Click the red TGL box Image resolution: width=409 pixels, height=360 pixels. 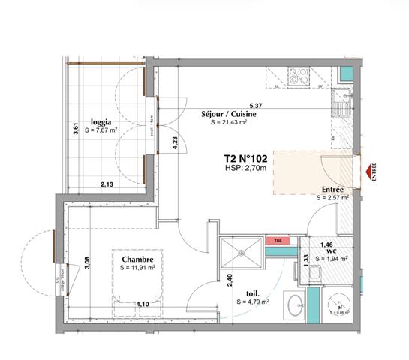pyautogui.click(x=278, y=241)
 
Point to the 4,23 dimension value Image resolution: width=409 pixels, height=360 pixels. pyautogui.click(x=175, y=143)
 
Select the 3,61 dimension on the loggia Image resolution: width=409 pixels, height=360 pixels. pyautogui.click(x=75, y=128)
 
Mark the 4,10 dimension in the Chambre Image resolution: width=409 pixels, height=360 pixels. pyautogui.click(x=142, y=304)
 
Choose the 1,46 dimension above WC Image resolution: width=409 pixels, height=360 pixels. pyautogui.click(x=326, y=244)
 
